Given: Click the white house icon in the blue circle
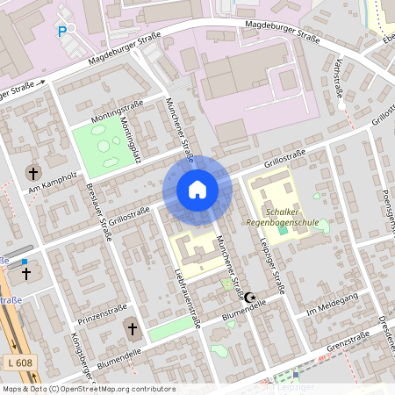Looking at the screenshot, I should [x=197, y=190].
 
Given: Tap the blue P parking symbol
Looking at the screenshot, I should [x=62, y=31].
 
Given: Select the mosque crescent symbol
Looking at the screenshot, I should [x=249, y=298].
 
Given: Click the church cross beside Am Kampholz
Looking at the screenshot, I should [x=34, y=171].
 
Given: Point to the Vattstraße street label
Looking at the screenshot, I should [x=339, y=80].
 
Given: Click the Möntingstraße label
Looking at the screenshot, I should [x=110, y=116].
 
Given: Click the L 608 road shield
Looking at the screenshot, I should [x=17, y=363].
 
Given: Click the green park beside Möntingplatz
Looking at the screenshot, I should [x=104, y=142].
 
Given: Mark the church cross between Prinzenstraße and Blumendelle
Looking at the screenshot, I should [x=133, y=329].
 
